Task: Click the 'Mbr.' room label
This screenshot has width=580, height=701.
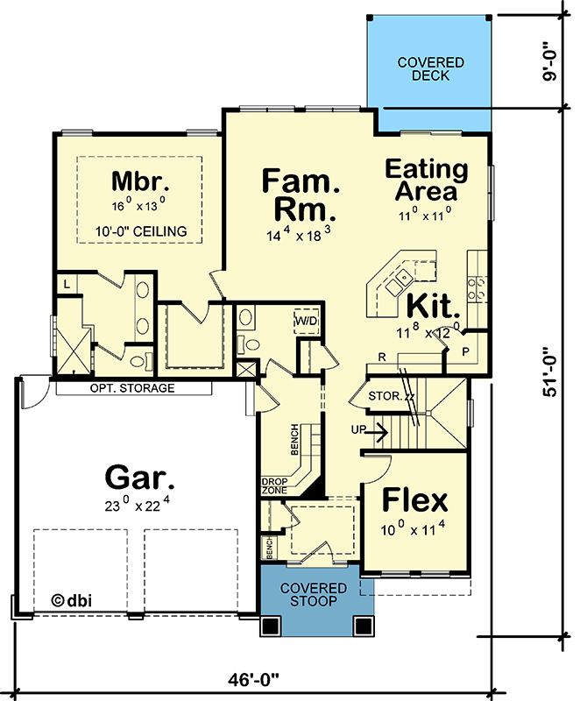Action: pos(139,182)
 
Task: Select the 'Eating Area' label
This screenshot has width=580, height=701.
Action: pos(426,180)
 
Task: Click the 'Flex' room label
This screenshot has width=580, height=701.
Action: pos(417,501)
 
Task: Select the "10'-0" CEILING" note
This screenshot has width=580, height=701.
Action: pos(141,231)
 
